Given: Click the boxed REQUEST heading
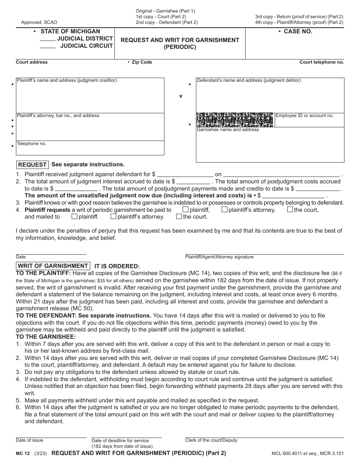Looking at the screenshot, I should point(32,165).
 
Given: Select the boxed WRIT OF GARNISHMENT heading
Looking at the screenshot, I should point(53,266).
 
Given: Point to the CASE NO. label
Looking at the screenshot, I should point(298,31).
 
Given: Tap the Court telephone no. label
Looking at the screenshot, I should point(321,62).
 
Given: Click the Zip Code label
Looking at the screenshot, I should point(142,62).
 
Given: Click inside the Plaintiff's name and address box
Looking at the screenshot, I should point(90,97).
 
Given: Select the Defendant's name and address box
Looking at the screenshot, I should point(270,97).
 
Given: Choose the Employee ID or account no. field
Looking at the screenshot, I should point(309,121).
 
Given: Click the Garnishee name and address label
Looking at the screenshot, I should point(228,130).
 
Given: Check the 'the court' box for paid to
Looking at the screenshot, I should point(290,209).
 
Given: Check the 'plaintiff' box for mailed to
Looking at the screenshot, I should point(74,217).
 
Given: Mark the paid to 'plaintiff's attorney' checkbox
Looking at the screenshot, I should point(224,209).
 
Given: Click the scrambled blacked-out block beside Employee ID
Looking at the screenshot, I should point(235,119).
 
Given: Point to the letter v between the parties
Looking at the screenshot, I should point(181,96).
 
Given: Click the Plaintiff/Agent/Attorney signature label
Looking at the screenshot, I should point(219,257).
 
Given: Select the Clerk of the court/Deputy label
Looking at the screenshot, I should point(211,440).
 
